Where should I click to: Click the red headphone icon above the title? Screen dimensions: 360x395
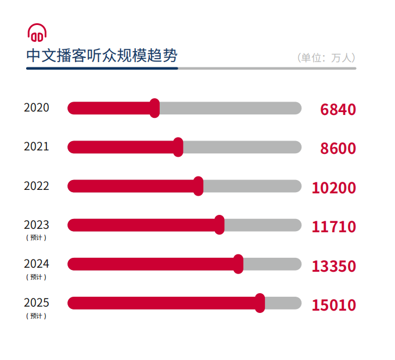tap(37, 33)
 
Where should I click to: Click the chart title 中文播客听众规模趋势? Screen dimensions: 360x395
tap(102, 56)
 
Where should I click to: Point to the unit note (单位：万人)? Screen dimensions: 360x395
tap(326, 57)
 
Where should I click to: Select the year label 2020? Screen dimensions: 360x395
tap(37, 108)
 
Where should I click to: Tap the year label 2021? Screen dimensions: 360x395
tap(37, 147)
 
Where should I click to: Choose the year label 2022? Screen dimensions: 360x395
tap(37, 186)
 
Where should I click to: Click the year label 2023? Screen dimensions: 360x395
tap(37, 225)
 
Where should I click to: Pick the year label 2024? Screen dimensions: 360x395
tap(37, 264)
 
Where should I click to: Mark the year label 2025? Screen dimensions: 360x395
tap(37, 303)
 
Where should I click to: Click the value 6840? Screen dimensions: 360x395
tap(337, 110)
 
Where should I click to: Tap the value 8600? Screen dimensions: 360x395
tap(337, 149)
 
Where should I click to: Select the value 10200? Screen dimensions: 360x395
tap(333, 188)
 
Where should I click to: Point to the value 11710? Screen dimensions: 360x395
tap(333, 227)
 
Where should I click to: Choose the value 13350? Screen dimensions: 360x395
tap(333, 267)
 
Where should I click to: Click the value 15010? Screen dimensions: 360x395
tap(333, 305)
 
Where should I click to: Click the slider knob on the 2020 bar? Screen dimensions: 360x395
tap(155, 108)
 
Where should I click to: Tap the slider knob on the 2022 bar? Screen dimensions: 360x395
tap(198, 186)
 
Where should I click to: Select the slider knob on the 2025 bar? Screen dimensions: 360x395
tap(260, 303)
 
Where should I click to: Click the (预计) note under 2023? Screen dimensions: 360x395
tap(36, 237)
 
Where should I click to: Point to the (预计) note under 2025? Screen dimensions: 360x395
tap(36, 316)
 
